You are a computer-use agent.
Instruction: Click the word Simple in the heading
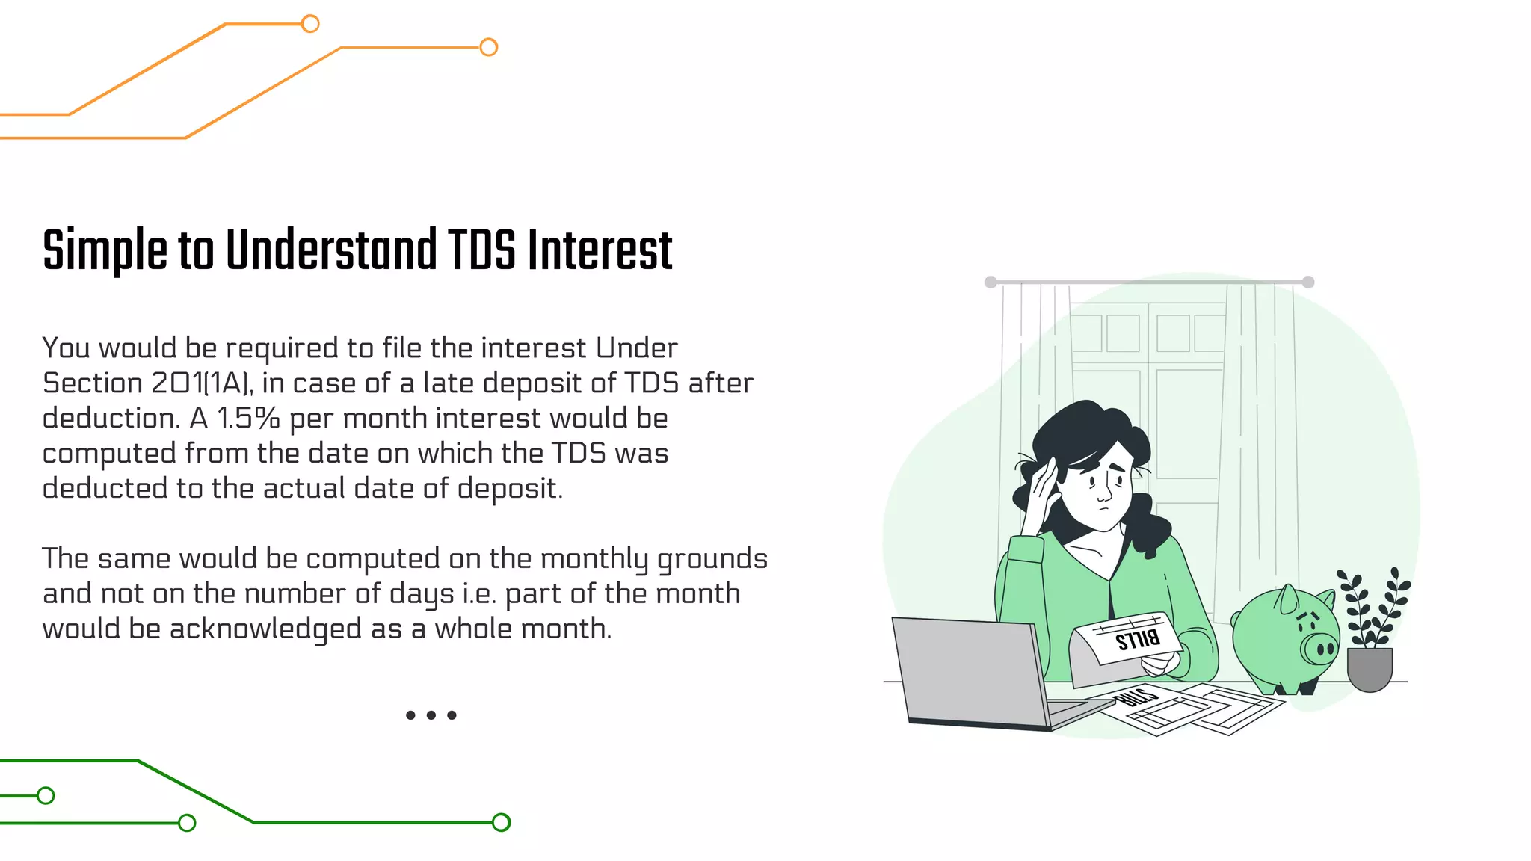click(x=105, y=251)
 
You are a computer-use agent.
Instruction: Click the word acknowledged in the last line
click(x=265, y=629)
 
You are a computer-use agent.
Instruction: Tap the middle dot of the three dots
click(x=431, y=715)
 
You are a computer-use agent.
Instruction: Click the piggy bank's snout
click(x=1320, y=648)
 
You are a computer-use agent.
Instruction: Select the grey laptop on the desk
click(x=972, y=673)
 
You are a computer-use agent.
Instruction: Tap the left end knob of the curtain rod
click(x=991, y=282)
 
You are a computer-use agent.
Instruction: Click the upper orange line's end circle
click(x=310, y=24)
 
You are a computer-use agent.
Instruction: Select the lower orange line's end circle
click(x=488, y=47)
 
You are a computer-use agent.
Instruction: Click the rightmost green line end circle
click(x=501, y=822)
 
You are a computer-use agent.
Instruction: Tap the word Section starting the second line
click(x=93, y=383)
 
